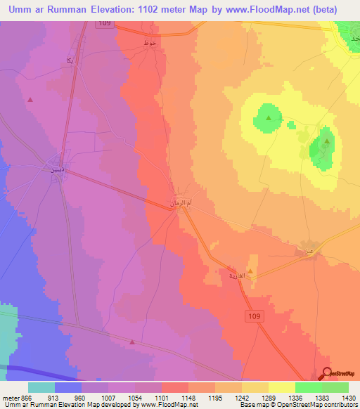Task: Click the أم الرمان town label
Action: point(179,202)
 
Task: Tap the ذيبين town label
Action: point(56,169)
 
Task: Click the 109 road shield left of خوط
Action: point(105,24)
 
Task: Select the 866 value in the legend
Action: point(27,397)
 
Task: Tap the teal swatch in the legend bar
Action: point(41,387)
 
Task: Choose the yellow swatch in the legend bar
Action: point(282,387)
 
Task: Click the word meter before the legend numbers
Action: point(10,397)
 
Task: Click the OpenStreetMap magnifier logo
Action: point(327,374)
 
